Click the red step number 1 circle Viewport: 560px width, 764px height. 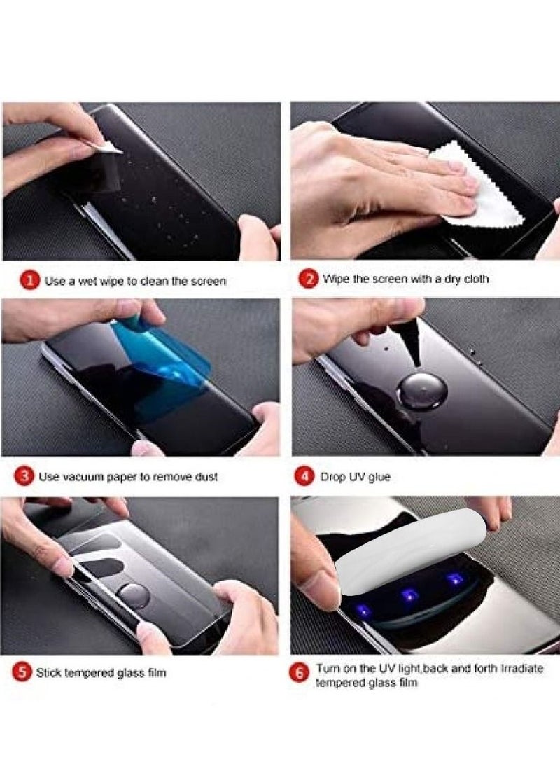pyautogui.click(x=29, y=280)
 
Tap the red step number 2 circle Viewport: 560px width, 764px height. pyautogui.click(x=308, y=279)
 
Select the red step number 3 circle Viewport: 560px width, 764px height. pyautogui.click(x=24, y=476)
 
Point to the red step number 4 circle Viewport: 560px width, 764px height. pyautogui.click(x=304, y=477)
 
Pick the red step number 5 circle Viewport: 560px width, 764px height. pyautogui.click(x=22, y=673)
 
